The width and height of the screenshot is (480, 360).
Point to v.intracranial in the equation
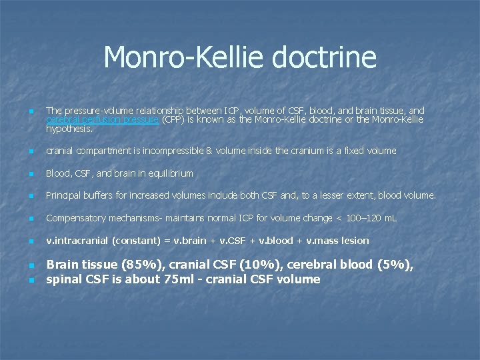pyautogui.click(x=76, y=241)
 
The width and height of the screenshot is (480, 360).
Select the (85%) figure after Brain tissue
pyautogui.click(x=131, y=265)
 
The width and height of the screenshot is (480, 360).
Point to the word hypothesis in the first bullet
pyautogui.click(x=69, y=129)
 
